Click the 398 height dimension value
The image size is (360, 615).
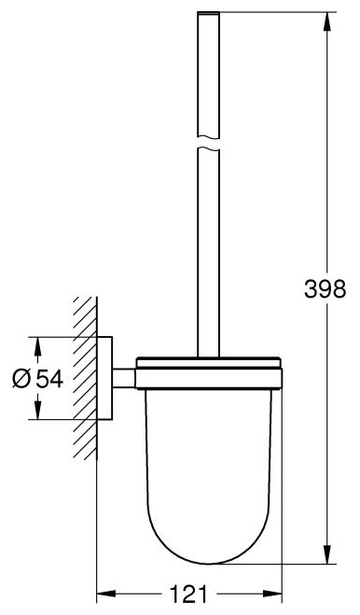coord(325,289)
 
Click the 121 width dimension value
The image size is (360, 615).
coord(188,594)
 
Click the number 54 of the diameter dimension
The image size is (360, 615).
coord(49,379)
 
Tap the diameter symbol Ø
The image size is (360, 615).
coord(21,379)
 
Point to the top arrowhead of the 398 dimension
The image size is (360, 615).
coord(327,21)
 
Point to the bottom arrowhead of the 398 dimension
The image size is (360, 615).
coord(327,554)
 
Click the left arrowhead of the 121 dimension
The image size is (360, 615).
coord(106,594)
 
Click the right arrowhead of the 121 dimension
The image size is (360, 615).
coord(272,594)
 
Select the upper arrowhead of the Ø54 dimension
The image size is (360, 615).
coord(37,346)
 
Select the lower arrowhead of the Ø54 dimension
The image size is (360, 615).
coord(37,410)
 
